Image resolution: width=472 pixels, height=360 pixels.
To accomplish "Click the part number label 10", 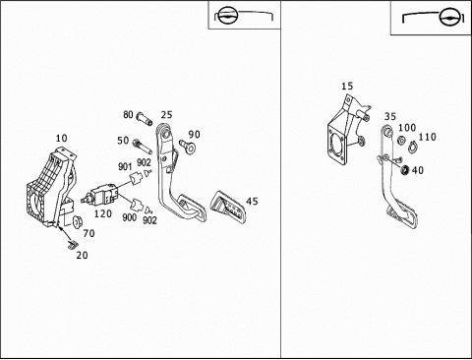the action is click(61, 138).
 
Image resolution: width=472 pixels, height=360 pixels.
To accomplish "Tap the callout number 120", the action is click(103, 213).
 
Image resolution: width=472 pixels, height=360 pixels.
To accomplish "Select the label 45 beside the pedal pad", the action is click(252, 202).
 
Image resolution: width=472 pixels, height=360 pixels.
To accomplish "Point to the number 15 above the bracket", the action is click(347, 86).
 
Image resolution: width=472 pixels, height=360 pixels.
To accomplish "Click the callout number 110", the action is click(427, 137).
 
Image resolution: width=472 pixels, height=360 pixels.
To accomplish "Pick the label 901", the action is click(125, 166).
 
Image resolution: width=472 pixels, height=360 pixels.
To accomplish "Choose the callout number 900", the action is click(129, 217).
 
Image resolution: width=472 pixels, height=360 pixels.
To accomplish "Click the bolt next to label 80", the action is click(145, 119).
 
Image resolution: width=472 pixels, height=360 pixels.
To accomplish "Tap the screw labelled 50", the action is click(142, 147).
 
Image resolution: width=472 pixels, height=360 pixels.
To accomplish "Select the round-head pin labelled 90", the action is click(188, 147).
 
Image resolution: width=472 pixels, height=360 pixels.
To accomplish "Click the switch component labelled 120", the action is click(100, 195).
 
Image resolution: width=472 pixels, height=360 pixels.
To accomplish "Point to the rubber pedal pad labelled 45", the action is click(228, 207).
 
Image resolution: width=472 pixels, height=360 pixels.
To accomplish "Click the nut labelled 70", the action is click(78, 221).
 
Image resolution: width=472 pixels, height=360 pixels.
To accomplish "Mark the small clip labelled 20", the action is click(72, 245).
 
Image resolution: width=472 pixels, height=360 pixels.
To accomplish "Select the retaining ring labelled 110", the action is click(412, 147).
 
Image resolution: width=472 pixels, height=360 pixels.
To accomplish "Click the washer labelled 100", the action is click(401, 140).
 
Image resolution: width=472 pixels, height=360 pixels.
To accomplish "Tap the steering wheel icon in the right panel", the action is click(448, 18).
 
